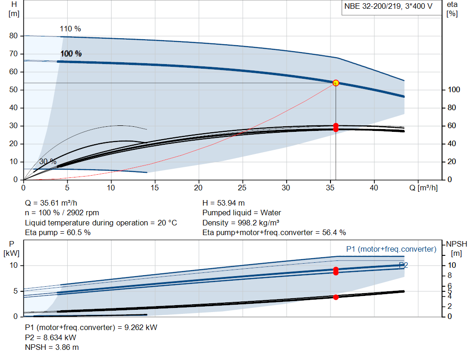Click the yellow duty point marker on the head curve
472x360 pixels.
point(336,83)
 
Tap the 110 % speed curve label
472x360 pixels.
point(70,29)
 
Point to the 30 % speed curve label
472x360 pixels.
point(48,162)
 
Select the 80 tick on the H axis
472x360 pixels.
point(13,36)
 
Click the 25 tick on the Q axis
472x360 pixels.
point(242,188)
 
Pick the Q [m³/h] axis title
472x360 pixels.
point(424,188)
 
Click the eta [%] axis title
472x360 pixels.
point(452,9)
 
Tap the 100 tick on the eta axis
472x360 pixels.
point(454,90)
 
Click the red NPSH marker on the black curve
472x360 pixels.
point(336,297)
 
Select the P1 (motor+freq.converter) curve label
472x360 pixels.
point(391,249)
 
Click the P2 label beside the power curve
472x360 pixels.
point(403,265)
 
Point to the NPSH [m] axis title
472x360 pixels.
point(456,248)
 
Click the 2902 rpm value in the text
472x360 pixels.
point(83,213)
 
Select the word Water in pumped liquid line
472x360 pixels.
point(271,213)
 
